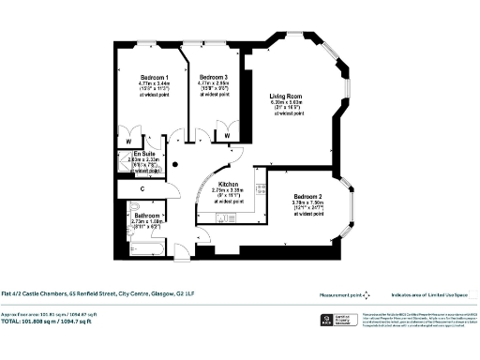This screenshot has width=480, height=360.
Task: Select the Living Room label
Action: point(286,96)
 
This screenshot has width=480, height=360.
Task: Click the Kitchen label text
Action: point(229,184)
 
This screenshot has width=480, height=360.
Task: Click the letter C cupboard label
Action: point(142,188)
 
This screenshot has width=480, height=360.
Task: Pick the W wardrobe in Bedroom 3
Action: point(229,137)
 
